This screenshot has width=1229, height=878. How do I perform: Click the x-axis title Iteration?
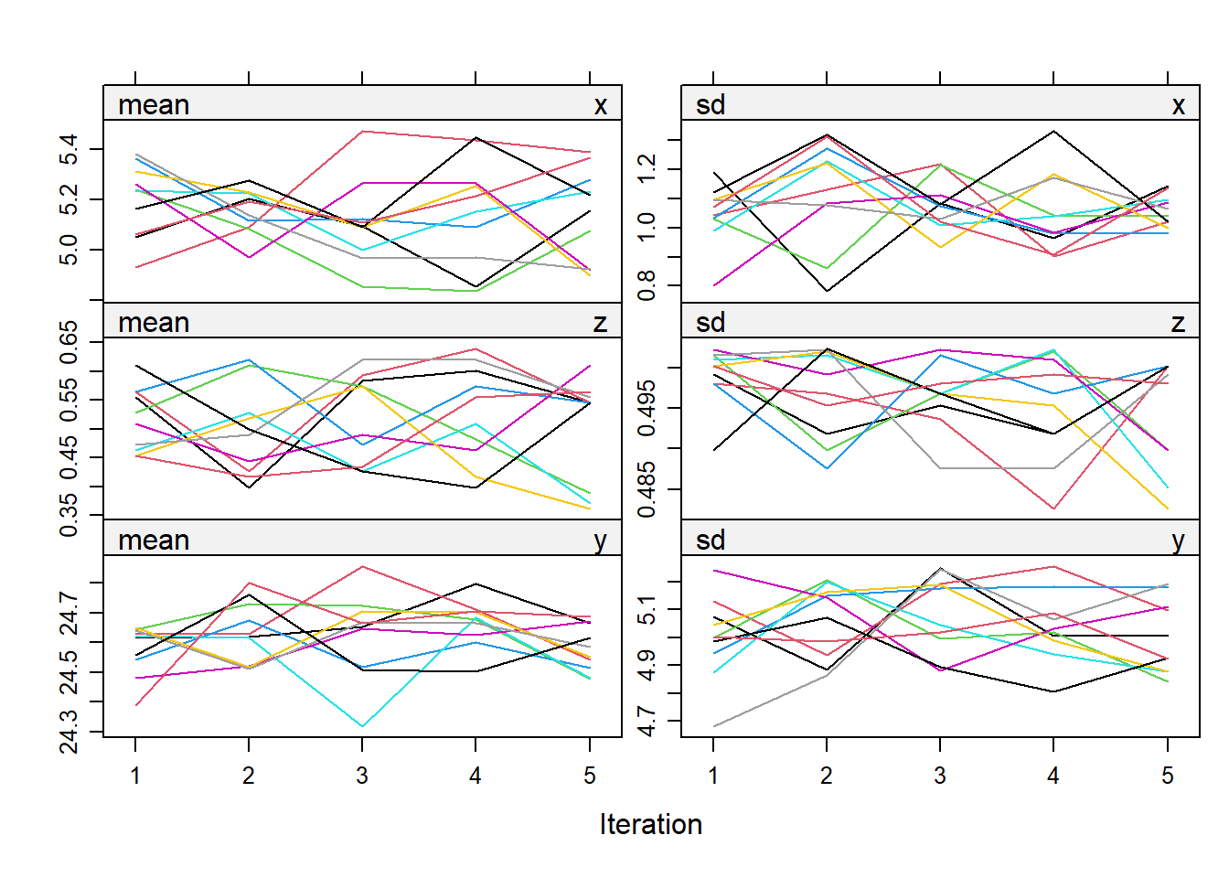(x=650, y=825)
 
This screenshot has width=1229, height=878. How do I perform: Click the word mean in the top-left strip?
(x=154, y=105)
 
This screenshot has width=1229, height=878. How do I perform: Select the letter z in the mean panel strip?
(x=600, y=323)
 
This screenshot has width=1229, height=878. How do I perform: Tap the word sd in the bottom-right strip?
(x=711, y=541)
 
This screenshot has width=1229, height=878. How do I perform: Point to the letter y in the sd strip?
(x=1178, y=541)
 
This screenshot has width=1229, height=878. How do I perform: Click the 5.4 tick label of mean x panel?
(x=69, y=149)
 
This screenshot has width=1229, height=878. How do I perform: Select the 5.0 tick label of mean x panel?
(x=69, y=249)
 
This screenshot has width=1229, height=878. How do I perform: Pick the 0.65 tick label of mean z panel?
(x=69, y=342)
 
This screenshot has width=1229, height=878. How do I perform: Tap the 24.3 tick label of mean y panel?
(x=69, y=732)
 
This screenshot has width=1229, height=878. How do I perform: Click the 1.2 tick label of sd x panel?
(x=647, y=169)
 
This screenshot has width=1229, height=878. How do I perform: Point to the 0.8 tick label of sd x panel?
(x=647, y=285)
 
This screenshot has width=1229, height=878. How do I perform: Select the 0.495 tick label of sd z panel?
(x=647, y=409)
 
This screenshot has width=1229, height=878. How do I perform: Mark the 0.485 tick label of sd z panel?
(x=647, y=489)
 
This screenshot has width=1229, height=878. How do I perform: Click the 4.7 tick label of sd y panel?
(x=647, y=721)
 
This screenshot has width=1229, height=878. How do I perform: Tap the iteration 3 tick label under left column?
(x=362, y=776)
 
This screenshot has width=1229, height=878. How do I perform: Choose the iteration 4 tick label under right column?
(x=1053, y=776)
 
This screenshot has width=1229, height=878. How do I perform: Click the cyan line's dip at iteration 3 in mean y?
(x=362, y=726)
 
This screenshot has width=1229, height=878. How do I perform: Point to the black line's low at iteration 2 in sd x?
(x=827, y=291)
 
